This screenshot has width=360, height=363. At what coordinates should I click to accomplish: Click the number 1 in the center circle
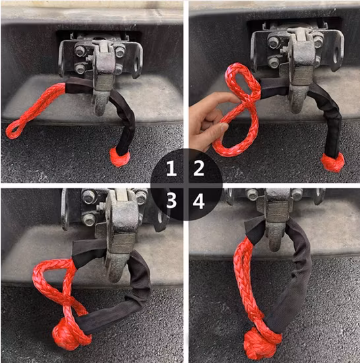point(170,170)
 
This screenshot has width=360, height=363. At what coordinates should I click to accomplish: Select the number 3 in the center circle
point(171,199)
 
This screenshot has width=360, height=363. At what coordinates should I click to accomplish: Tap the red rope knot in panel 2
point(333,161)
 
